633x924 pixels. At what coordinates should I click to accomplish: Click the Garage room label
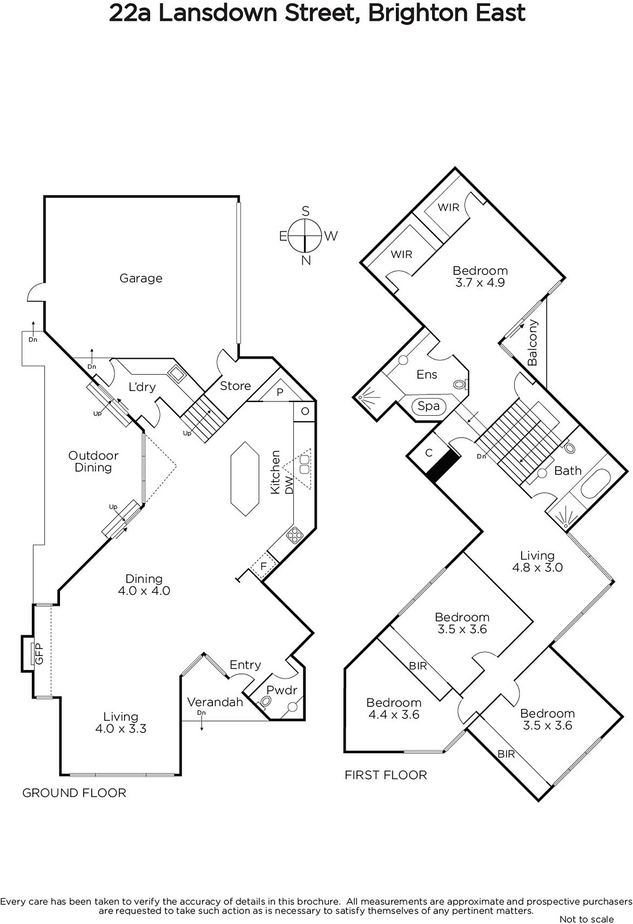point(141,278)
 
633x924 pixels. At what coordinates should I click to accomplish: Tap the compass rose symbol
point(305,236)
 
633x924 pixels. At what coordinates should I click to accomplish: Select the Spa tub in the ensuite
point(429,406)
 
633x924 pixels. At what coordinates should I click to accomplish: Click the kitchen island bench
point(245,479)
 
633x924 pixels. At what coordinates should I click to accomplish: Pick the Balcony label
point(533,342)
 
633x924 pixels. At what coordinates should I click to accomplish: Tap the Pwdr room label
point(282,690)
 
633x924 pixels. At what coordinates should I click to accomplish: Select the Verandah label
point(215,702)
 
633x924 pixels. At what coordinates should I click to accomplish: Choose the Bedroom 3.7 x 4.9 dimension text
point(480,282)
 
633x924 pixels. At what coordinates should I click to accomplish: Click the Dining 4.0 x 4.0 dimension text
point(144,591)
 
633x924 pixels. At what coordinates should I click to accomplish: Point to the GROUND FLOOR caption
point(74,793)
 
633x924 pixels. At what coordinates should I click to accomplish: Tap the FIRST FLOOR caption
point(385,775)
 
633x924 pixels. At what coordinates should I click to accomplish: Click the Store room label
point(235,386)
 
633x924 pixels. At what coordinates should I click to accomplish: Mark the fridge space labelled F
point(264,566)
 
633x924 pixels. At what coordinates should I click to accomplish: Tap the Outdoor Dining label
point(93,461)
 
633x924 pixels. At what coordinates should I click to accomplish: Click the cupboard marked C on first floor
point(429,453)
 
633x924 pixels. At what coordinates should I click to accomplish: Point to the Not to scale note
point(587,919)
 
